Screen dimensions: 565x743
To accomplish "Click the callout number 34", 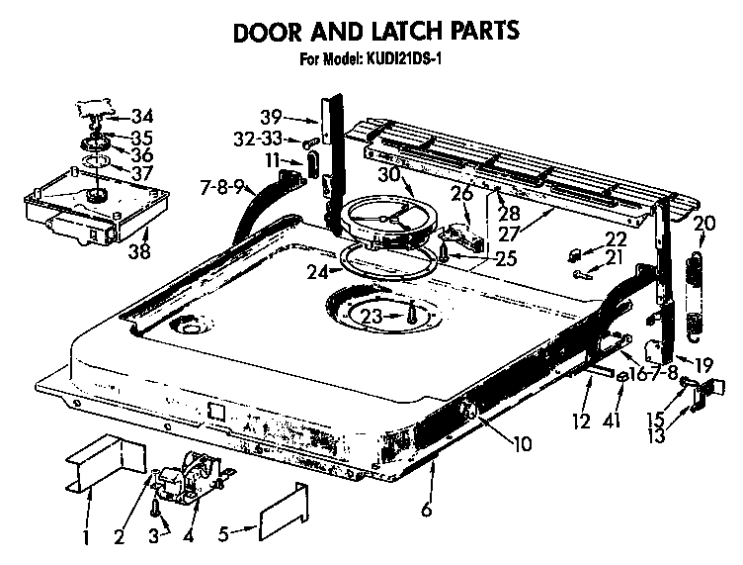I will point(142,115).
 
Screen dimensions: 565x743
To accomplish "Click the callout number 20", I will point(703,224).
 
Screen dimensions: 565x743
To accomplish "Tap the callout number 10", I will point(522,443).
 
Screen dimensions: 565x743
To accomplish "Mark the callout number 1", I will point(86,538).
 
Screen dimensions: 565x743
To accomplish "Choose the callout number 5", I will point(224,535).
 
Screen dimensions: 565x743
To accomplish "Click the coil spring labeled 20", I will point(696,292).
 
